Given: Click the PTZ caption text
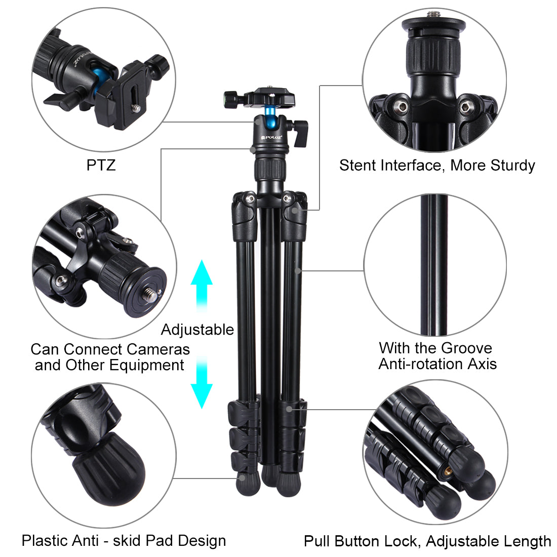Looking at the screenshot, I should (x=101, y=165).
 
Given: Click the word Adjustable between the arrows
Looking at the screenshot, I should (x=197, y=330).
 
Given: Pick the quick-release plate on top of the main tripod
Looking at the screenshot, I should (x=269, y=96).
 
